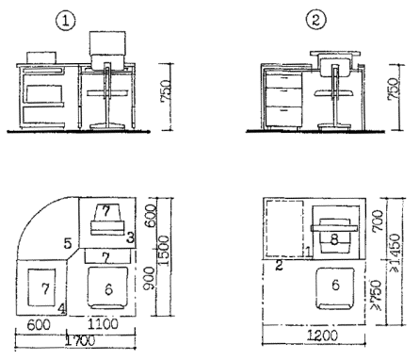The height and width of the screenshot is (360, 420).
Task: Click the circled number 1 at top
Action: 65,21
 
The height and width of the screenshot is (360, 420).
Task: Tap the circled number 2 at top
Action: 316,20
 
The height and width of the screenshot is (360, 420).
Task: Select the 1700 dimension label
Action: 79,341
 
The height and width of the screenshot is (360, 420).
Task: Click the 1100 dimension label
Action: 103,324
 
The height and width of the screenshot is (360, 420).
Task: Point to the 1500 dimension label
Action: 163,252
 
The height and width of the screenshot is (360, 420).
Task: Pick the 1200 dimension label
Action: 322,335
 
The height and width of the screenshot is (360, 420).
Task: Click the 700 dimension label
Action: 379,221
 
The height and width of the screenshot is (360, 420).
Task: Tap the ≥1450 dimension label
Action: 396,253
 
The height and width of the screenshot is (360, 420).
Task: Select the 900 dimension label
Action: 149,278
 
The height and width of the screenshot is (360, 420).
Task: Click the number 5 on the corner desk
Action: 68,243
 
